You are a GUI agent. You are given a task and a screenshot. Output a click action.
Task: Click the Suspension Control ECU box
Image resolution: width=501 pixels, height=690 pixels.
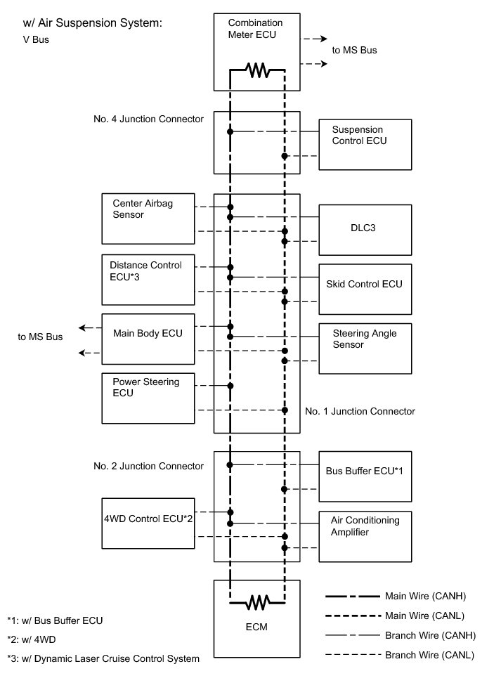365,144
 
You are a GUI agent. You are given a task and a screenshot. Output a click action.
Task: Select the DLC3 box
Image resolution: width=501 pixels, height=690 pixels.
365,229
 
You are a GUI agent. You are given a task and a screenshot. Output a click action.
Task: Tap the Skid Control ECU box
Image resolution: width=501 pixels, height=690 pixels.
365,289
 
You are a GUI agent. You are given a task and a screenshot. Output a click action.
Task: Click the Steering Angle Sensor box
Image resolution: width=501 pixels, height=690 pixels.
365,349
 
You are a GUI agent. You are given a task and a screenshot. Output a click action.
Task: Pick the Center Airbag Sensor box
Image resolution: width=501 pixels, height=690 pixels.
148,219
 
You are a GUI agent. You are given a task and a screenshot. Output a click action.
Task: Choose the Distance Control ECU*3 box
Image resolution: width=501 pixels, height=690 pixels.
148,279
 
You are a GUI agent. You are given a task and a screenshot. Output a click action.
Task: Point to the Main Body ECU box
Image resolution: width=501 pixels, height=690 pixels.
148,339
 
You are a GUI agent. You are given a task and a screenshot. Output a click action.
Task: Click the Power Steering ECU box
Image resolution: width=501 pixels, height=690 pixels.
148,398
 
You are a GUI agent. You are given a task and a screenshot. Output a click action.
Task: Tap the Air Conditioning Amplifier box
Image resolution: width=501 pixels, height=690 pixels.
365,536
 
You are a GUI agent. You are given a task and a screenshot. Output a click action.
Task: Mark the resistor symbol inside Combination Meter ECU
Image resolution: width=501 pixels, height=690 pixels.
257,70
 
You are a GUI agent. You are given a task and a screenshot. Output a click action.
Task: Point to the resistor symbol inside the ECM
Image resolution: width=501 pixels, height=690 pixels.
257,602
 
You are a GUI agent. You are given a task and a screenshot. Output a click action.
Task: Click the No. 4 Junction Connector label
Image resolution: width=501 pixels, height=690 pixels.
148,119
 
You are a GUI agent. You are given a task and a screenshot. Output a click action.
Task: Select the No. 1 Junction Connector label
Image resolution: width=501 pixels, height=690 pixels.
360,411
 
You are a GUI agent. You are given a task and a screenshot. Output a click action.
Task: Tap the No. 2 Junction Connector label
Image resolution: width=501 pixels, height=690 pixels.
148,466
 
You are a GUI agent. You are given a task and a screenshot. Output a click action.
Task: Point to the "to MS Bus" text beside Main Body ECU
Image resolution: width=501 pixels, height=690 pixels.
40,337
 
